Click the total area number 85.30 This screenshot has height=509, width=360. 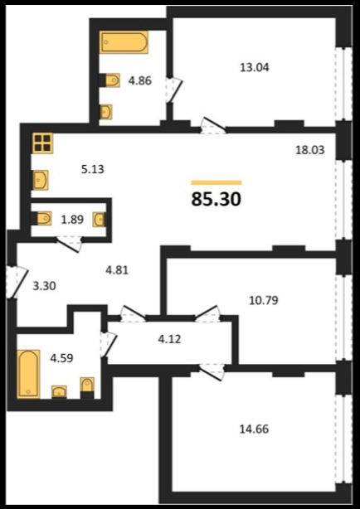(216, 199)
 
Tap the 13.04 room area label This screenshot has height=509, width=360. (255, 67)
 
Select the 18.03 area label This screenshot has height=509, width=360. (309, 150)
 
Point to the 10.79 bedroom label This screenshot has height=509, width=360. (264, 300)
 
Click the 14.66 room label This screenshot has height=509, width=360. (254, 429)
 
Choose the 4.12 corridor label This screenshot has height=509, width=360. (168, 340)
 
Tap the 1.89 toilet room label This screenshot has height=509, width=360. (72, 220)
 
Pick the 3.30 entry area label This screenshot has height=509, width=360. (45, 286)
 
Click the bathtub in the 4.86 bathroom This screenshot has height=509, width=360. (124, 42)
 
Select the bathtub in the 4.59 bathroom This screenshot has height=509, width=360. (28, 374)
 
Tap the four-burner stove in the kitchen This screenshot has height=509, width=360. (42, 143)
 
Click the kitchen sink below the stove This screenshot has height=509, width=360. (41, 180)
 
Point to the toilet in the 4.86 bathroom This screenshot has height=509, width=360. (111, 80)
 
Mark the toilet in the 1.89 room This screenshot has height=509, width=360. (42, 219)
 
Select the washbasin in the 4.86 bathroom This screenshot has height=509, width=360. (106, 112)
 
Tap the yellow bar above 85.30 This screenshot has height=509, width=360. (216, 182)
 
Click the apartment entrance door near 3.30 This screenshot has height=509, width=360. (17, 282)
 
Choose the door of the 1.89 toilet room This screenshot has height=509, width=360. (69, 244)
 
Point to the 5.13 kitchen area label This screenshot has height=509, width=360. (93, 169)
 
